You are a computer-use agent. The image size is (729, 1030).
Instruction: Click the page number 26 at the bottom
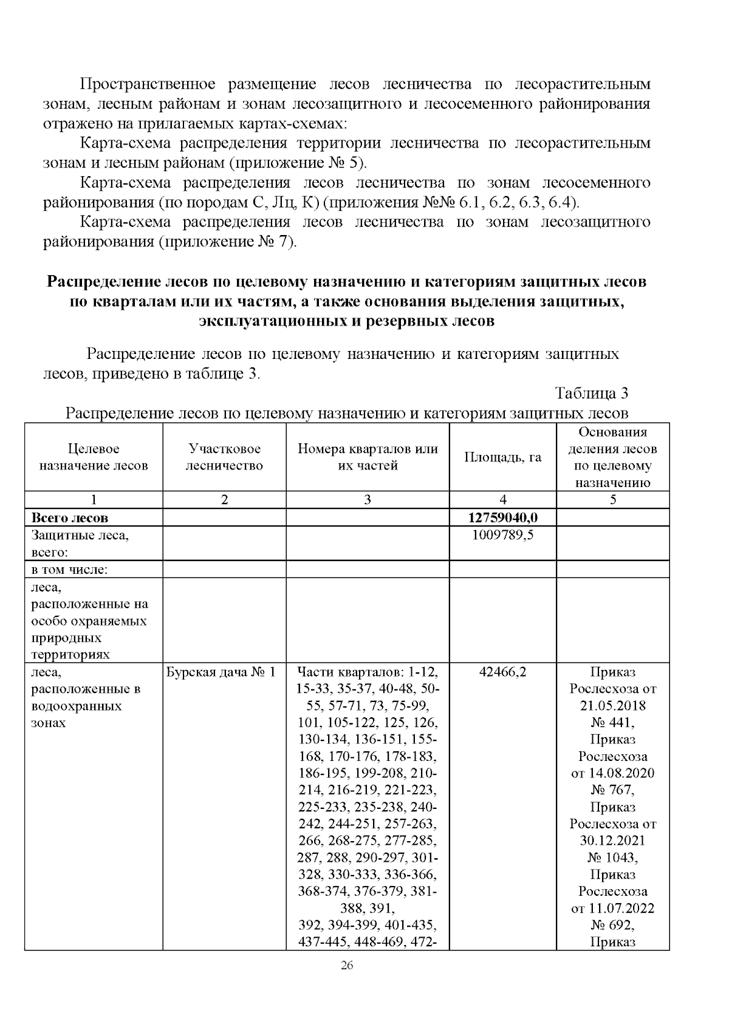pos(347,966)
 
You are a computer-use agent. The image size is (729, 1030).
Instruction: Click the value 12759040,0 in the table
pos(503,517)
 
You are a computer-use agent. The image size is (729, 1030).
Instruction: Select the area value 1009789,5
pos(503,534)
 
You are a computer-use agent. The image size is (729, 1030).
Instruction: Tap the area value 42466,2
pos(503,672)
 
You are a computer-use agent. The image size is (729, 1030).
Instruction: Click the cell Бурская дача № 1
pos(221,672)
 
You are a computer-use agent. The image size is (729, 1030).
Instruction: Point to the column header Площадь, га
pos(503,457)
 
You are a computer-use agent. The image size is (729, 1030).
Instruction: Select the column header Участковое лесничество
pos(224,457)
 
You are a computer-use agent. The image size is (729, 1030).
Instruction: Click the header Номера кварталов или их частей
pos(368,457)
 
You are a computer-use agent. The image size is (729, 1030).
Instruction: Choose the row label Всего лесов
pos(69,518)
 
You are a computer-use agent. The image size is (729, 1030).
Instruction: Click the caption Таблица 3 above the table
pos(591,394)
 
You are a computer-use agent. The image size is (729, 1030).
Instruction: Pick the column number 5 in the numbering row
pos(613,500)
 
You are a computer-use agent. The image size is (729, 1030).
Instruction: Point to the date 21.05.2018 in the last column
pos(612,706)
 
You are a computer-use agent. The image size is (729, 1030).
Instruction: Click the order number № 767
pos(612,790)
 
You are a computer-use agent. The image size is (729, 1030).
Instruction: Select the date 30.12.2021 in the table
pos(612,841)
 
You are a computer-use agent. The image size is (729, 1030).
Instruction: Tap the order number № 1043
pos(612,858)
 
